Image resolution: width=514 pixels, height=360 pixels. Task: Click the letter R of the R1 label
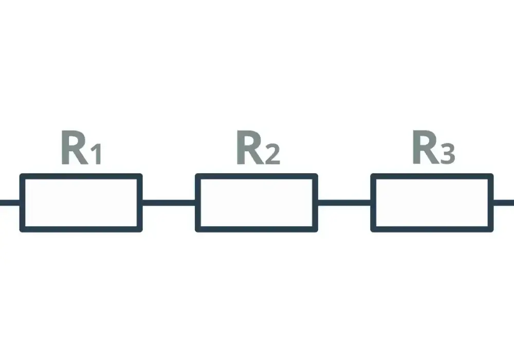click(75, 147)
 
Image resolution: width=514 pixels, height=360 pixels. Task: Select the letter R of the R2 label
click(250, 147)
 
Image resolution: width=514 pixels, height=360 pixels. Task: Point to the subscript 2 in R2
click(273, 153)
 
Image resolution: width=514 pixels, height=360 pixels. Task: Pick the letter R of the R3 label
click(426, 147)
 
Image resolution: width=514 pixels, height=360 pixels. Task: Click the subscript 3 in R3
click(448, 153)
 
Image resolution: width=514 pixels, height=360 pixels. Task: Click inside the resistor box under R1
click(81, 203)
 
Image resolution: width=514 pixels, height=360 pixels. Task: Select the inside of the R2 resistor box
click(256, 203)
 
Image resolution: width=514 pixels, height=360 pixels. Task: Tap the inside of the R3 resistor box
click(432, 203)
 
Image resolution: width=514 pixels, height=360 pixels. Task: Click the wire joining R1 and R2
click(169, 203)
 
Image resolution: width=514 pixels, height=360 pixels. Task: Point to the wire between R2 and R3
click(344, 203)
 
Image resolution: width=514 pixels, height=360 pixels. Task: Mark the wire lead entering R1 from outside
click(10, 203)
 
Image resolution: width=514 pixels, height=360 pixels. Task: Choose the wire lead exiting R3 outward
click(504, 203)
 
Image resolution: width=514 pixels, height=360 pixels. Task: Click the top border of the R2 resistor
click(256, 176)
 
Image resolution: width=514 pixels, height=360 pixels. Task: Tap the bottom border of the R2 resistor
click(256, 229)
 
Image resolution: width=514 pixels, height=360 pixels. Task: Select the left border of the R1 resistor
click(22, 203)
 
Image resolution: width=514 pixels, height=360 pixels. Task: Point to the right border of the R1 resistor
click(140, 203)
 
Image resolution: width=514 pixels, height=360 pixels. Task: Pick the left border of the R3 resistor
click(373, 203)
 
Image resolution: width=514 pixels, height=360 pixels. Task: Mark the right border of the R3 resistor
click(491, 203)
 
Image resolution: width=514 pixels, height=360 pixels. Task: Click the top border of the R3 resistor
click(432, 176)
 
